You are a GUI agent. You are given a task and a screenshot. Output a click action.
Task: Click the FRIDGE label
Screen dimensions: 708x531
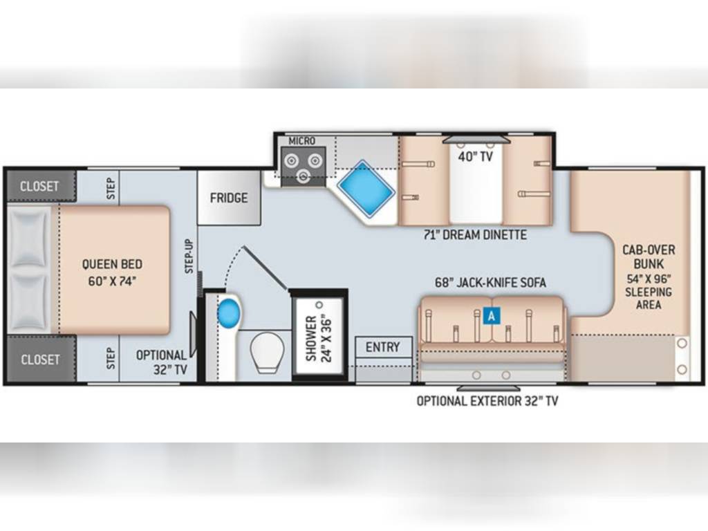coord(229,198)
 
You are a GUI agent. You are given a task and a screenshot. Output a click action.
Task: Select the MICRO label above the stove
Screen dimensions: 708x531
coord(301,141)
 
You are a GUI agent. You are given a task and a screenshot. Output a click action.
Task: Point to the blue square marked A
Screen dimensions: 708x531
coord(492,315)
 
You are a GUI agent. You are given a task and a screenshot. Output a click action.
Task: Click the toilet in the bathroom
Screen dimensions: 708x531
coord(267,352)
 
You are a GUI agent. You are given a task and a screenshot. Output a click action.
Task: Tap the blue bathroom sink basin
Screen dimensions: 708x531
coord(228,313)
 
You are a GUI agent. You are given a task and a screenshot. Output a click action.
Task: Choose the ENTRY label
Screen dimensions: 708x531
coord(383,347)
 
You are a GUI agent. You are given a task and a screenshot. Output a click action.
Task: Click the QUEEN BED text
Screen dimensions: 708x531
coord(112,264)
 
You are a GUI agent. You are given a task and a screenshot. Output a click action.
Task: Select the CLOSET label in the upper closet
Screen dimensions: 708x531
coord(39,186)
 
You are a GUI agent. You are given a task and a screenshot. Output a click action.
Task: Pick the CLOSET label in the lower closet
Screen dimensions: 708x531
coord(40,360)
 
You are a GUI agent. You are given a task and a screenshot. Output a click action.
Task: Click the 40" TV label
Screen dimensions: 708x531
coord(476,157)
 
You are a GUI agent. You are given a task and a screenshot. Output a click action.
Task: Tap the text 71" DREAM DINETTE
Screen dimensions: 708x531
coord(475,235)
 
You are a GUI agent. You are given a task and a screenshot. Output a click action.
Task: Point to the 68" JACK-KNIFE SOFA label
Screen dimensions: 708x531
coord(490,283)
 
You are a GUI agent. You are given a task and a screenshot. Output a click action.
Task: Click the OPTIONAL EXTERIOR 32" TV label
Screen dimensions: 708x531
coord(487,401)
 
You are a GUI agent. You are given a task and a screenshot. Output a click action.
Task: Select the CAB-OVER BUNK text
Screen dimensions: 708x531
coord(649,257)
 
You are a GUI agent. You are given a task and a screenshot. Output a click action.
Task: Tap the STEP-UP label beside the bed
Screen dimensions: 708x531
coord(189,256)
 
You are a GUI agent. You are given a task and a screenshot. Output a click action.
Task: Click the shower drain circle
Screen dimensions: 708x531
coord(319,305)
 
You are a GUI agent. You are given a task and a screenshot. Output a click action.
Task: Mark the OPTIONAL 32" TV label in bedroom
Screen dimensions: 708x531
coord(162,362)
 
